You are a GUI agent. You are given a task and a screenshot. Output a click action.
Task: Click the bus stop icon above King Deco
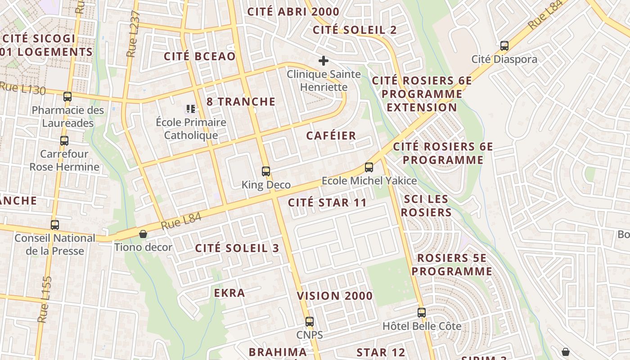tap(266, 171)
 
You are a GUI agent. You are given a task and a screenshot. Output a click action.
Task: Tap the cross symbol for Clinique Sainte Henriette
tap(323, 61)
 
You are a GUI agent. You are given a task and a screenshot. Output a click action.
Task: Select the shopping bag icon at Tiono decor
tap(143, 234)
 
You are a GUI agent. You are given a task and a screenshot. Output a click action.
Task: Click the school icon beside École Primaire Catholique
tap(190, 109)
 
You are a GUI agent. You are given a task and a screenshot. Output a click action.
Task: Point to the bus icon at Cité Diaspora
tap(504, 46)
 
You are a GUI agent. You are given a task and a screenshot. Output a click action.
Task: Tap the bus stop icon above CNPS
tap(309, 322)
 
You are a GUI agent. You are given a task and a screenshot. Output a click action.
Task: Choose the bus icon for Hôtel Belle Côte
tap(421, 312)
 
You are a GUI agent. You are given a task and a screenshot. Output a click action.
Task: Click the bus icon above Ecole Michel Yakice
tap(369, 167)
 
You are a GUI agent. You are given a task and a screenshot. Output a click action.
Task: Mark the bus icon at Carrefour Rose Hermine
tap(64, 141)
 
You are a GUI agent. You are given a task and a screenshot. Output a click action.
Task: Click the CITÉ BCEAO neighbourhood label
tap(200, 56)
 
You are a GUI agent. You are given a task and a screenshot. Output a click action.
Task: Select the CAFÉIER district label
tap(331, 135)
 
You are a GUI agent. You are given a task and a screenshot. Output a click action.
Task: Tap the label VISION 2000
tap(335, 296)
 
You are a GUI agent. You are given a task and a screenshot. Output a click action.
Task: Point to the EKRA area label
tap(229, 293)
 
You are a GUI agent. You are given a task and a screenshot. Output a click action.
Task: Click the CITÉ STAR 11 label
tap(328, 202)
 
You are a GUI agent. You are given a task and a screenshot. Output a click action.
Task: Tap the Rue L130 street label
tap(22, 88)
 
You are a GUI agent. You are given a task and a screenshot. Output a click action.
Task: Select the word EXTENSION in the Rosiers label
tap(422, 108)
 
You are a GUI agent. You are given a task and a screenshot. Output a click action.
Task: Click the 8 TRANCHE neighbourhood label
tap(241, 102)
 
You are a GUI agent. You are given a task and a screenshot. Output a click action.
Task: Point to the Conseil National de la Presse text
tap(55, 244)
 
